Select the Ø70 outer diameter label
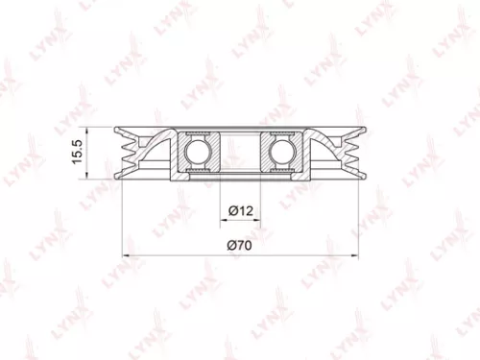pos(240,247)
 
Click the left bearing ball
pos(199,152)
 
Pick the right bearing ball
pos(282,152)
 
